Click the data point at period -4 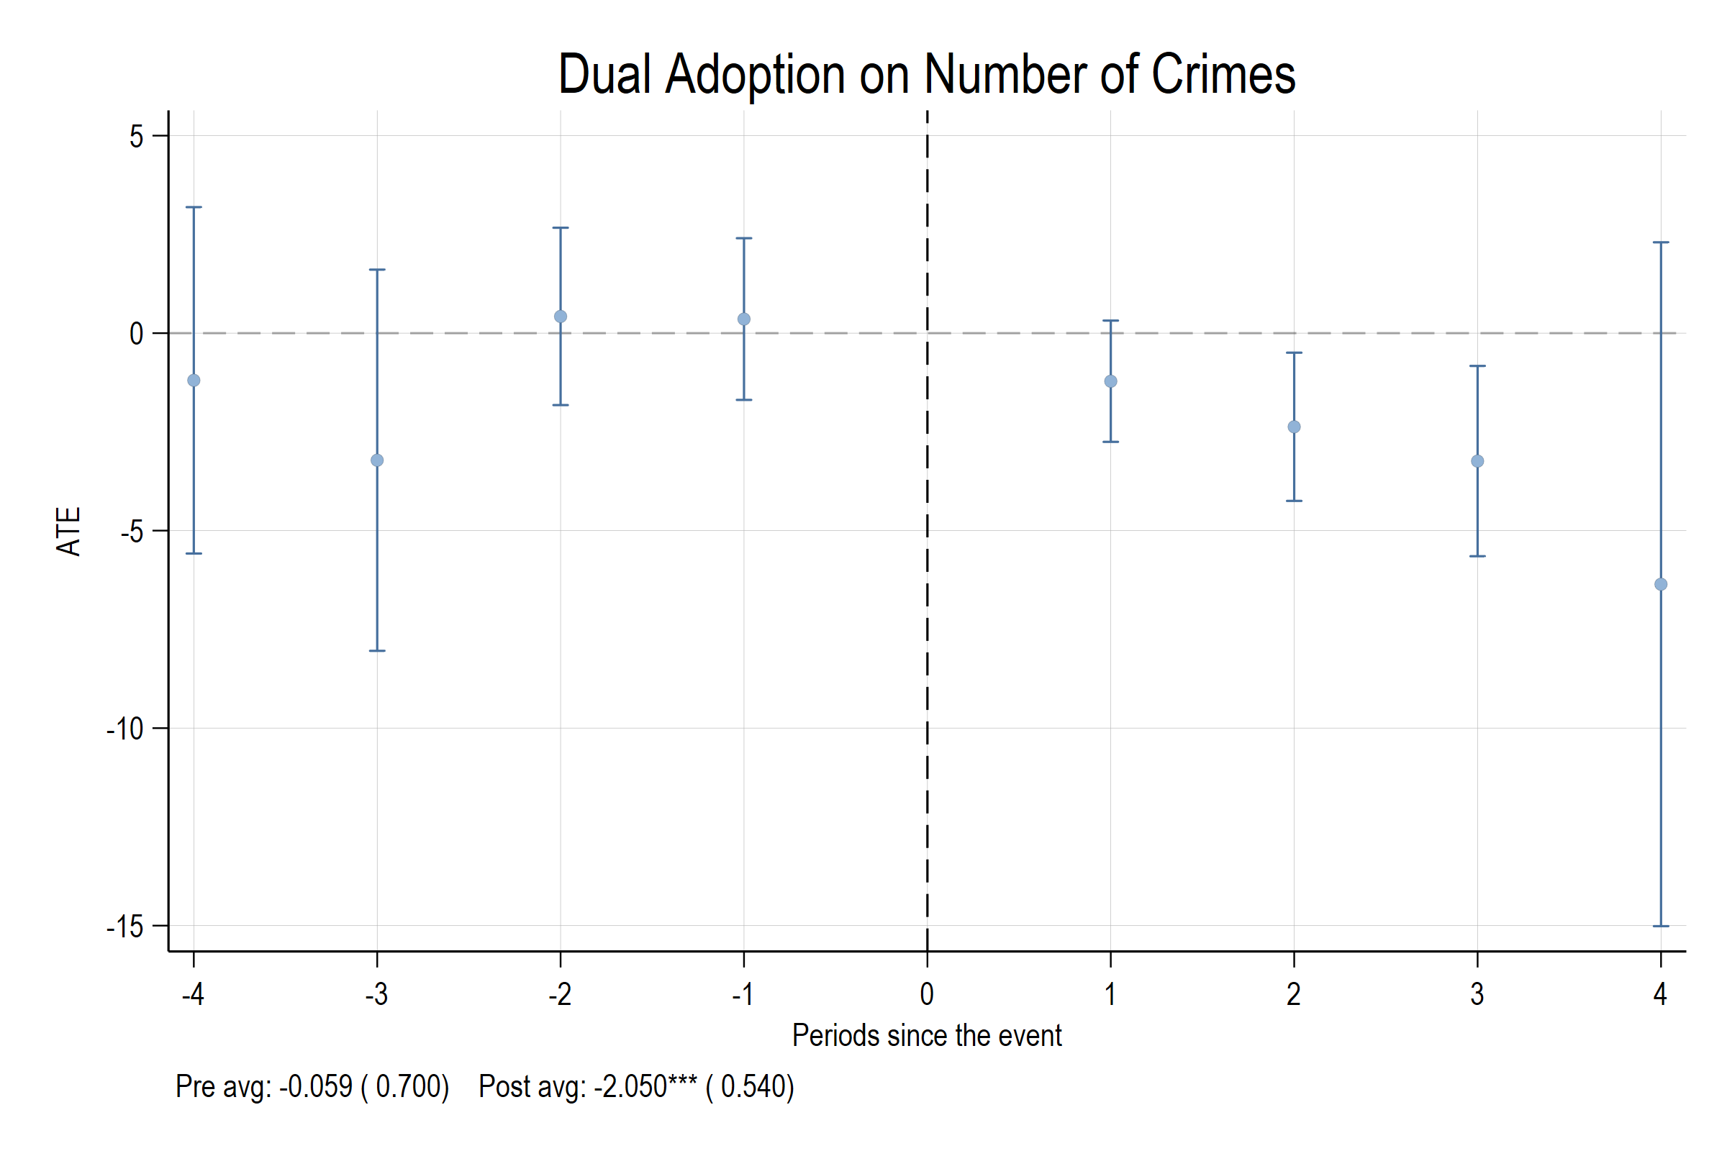point(194,381)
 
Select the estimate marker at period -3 point(377,460)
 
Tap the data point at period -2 point(561,317)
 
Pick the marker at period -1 point(744,319)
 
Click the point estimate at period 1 point(1111,382)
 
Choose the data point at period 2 point(1295,427)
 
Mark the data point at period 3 point(1477,462)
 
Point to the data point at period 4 point(1661,585)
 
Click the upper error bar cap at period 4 point(1661,242)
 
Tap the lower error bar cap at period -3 point(377,651)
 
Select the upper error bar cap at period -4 point(194,208)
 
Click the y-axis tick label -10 point(125,729)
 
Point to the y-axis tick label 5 point(137,137)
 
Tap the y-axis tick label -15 point(125,927)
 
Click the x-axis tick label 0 point(928,995)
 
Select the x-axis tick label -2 point(561,995)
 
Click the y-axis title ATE point(69,532)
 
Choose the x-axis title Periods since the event point(927,1036)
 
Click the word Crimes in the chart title point(1223,75)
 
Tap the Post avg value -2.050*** point(645,1087)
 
